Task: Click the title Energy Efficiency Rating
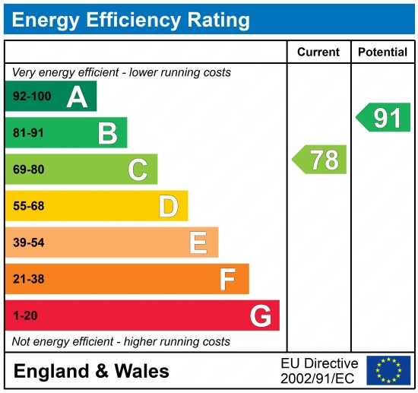[x=131, y=19]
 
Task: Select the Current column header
[x=318, y=52]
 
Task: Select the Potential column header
[x=382, y=52]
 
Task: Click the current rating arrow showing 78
[x=320, y=160]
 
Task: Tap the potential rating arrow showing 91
[x=384, y=118]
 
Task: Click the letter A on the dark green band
[x=77, y=97]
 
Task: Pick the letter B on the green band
[x=107, y=134]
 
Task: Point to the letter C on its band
[x=138, y=170]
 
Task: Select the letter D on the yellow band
[x=168, y=206]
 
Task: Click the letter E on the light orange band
[x=198, y=242]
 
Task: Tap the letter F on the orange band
[x=228, y=279]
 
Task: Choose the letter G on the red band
[x=260, y=315]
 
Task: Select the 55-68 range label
[x=29, y=206]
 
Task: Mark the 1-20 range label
[x=25, y=315]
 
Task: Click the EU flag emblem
[x=388, y=370]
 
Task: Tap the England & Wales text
[x=92, y=371]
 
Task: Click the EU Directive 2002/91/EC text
[x=319, y=370]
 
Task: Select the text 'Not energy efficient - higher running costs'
[x=121, y=341]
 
